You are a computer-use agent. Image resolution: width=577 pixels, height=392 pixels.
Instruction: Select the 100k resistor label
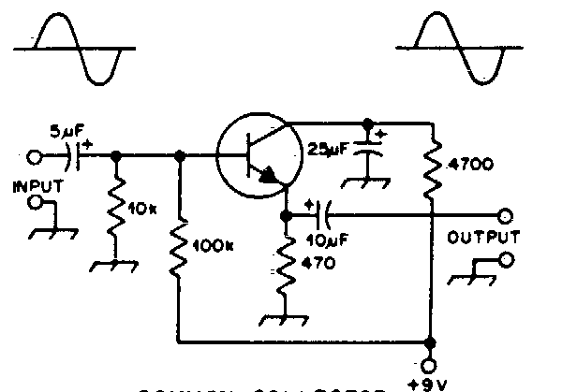pos(214,248)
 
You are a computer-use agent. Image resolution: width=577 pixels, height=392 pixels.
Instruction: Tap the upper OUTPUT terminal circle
pos(506,217)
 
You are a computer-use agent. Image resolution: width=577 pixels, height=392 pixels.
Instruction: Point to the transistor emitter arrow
pos(271,175)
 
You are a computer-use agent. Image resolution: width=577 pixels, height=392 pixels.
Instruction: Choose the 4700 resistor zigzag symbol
pos(432,166)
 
